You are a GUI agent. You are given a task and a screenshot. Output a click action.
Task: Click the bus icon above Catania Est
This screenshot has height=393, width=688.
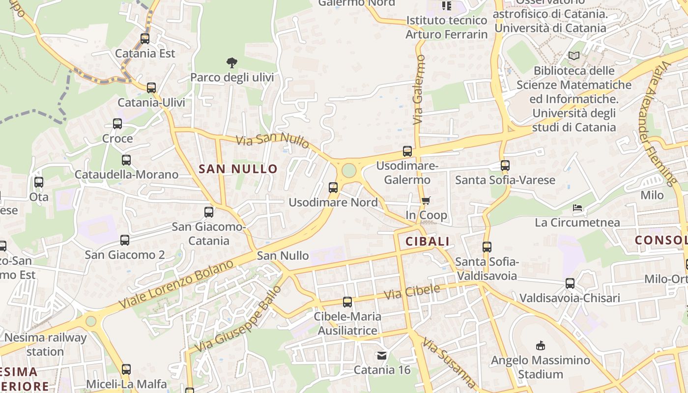(x=144, y=38)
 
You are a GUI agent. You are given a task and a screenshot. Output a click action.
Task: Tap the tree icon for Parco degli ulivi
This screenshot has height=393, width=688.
(x=232, y=62)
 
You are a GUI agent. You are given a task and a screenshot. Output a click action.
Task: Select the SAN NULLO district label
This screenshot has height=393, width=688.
(x=238, y=169)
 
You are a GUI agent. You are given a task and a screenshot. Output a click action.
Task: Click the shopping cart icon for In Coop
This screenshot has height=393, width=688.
(x=426, y=200)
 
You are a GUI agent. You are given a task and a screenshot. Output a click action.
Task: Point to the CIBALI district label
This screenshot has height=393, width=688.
(x=428, y=241)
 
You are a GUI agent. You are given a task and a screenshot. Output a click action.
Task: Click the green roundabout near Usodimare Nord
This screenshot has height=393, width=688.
(x=348, y=170)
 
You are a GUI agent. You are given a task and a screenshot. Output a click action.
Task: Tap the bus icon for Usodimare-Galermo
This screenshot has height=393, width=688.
(x=407, y=151)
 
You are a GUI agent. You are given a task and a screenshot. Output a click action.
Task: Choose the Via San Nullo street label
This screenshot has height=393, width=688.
(x=273, y=140)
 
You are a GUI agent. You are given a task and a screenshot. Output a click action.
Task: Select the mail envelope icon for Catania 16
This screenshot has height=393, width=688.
(x=382, y=355)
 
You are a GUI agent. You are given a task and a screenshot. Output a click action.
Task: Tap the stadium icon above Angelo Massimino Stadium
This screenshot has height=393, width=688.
(x=541, y=345)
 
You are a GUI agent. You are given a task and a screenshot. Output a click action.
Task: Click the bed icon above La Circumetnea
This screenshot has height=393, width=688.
(x=577, y=208)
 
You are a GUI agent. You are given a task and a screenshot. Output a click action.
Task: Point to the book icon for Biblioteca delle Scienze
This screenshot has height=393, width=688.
(x=574, y=56)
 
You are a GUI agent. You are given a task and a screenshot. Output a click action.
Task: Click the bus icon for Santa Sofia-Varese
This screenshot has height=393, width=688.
(x=505, y=166)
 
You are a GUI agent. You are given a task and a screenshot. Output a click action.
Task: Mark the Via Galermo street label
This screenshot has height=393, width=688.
(x=419, y=89)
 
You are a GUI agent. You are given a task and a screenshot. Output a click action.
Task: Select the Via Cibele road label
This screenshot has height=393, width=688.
(x=412, y=292)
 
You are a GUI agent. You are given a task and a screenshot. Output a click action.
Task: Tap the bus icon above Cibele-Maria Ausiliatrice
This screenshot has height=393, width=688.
(x=347, y=302)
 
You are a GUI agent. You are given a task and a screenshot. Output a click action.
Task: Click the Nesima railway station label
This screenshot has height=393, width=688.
(x=45, y=344)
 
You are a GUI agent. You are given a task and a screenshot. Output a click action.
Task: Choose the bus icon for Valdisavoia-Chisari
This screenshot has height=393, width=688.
(x=570, y=283)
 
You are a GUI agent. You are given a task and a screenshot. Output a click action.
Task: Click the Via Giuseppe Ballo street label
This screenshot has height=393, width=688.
(x=239, y=319)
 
